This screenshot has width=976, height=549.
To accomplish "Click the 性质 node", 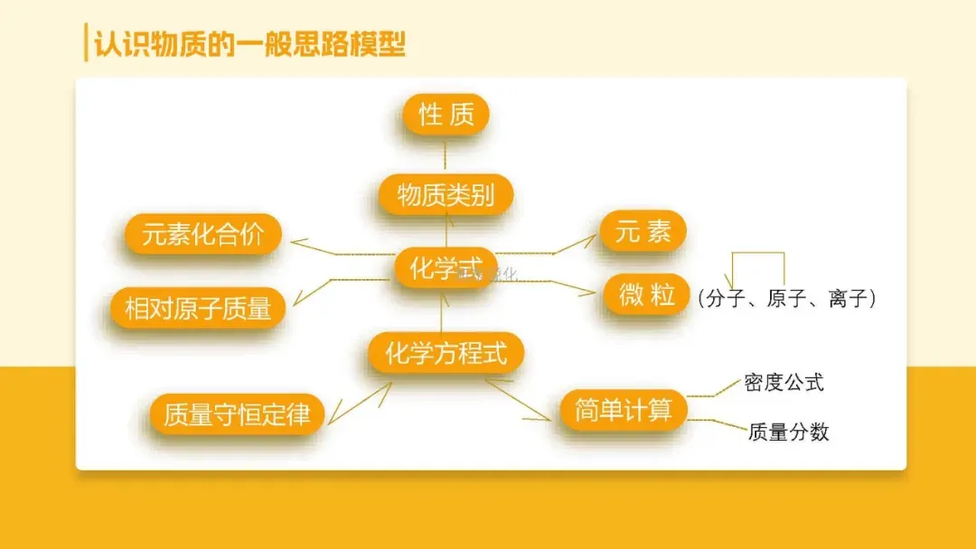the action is tap(446, 115).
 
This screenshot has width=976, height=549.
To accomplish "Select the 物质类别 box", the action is tap(446, 195).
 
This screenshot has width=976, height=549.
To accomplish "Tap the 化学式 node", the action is tap(445, 269).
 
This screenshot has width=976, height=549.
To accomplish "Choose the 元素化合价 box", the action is tap(203, 234).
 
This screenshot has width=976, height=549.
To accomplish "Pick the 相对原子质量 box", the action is tap(198, 309).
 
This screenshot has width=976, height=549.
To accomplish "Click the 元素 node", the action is tap(643, 232).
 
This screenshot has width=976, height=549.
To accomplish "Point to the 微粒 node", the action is tap(646, 295).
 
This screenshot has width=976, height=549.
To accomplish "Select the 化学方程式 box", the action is tap(446, 354).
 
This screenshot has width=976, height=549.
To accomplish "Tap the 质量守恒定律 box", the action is tap(237, 414).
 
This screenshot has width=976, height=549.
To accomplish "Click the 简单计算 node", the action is tap(624, 411).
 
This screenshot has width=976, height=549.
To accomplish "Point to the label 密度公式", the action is tap(784, 382).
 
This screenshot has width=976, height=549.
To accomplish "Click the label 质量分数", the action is tap(788, 433).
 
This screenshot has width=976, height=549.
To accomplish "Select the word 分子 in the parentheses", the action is tap(725, 299).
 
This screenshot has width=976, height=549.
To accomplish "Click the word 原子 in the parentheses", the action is tap(786, 299).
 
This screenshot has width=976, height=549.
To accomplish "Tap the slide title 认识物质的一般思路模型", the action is tap(244, 43).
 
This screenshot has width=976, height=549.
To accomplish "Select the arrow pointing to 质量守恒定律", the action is tap(360, 403).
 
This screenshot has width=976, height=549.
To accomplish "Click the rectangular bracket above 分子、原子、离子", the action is tap(757, 256).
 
